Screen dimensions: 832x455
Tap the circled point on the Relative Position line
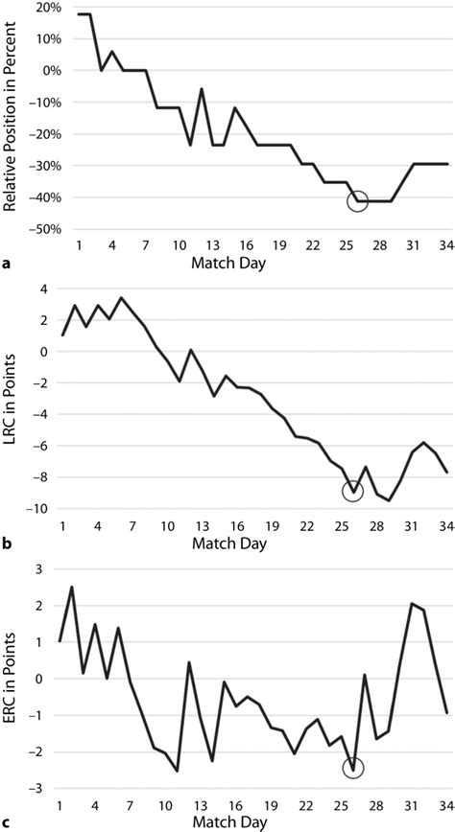[357, 200]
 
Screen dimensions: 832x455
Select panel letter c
[7, 821]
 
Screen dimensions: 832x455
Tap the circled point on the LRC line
[353, 492]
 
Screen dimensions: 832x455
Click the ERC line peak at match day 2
[73, 587]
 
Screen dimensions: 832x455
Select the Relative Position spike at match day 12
[202, 88]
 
